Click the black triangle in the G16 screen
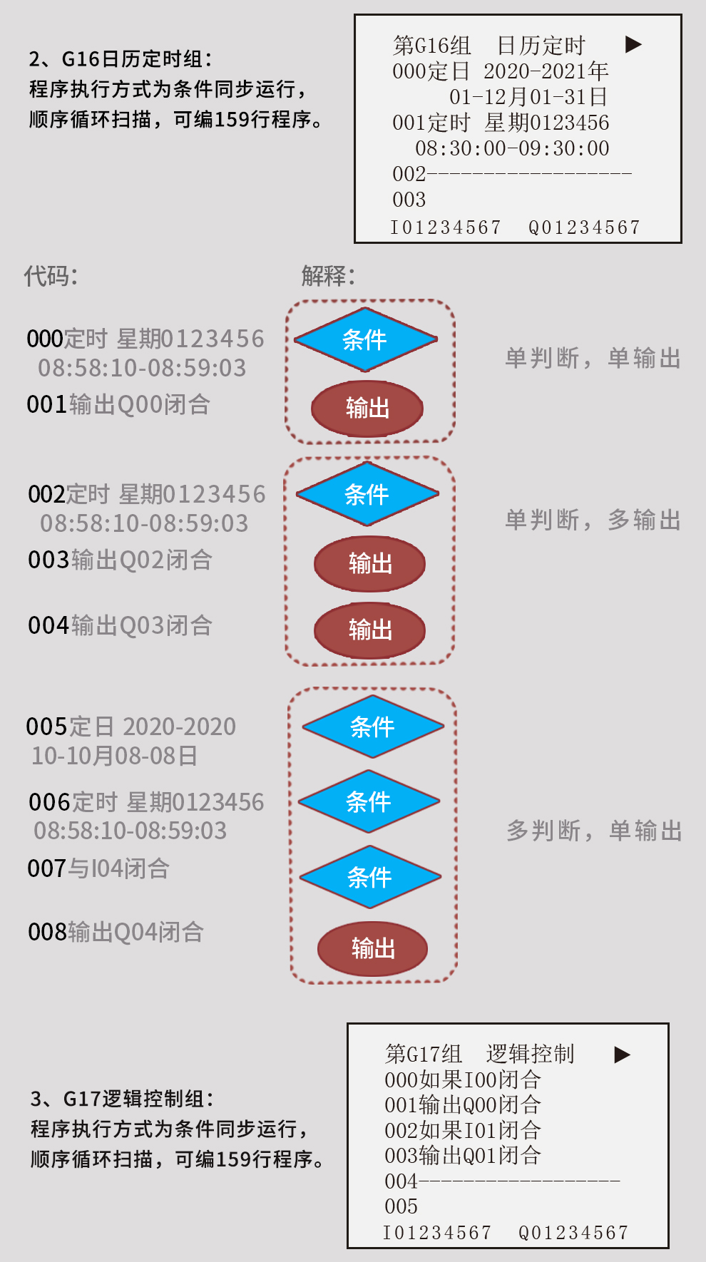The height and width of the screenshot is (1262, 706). pos(633,45)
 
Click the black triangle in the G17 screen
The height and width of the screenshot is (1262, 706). pos(623,1055)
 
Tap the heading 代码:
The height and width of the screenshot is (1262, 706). pos(51,276)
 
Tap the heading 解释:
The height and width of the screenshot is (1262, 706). pos(328,276)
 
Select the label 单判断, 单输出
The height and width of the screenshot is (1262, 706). pos(593,358)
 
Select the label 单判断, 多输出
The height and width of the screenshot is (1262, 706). pos(593,520)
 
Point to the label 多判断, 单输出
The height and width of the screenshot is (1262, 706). pos(595,831)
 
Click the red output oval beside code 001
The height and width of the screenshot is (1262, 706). pos(367,409)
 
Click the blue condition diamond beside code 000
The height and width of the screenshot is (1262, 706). pos(366,340)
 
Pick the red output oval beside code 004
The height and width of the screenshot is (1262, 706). pos(370,630)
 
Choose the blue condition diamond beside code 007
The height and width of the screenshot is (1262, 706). pos(370,877)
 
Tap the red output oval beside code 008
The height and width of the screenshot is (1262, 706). pos(372,949)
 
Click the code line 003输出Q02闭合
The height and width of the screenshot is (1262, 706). pos(120,560)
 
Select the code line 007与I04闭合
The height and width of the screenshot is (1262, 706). pos(98,868)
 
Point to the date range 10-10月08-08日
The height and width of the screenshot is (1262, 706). pos(115,756)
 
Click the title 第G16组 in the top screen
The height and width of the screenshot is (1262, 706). pos(432,46)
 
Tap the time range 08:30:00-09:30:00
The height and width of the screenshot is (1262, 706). pos(513,148)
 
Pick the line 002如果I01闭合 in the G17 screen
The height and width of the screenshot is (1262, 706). pos(463,1130)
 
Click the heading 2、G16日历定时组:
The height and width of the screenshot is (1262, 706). pos(121,59)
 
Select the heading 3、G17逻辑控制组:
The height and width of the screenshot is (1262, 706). pos(123,1099)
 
